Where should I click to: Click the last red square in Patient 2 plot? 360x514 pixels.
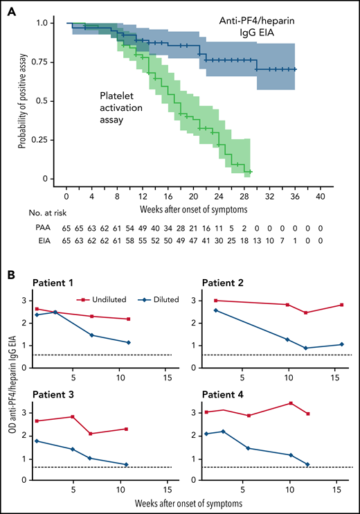click(x=342, y=305)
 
